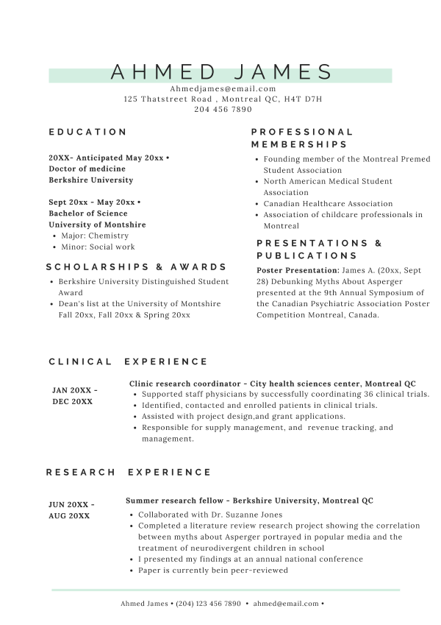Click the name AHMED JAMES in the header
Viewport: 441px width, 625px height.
click(x=221, y=72)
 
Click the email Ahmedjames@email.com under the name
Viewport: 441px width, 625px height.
click(x=223, y=88)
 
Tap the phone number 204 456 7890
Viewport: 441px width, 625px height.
click(x=223, y=109)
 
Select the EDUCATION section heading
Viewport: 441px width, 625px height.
click(x=88, y=132)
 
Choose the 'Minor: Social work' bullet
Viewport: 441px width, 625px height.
click(x=98, y=247)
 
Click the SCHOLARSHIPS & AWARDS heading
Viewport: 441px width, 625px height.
click(x=136, y=267)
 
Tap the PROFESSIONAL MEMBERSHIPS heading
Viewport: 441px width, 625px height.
click(x=301, y=138)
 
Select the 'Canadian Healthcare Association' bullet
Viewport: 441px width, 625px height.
click(x=328, y=203)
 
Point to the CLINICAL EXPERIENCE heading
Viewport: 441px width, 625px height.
click(x=128, y=361)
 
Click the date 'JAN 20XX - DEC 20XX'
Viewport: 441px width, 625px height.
click(x=74, y=396)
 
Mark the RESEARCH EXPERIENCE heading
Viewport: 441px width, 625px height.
click(x=128, y=472)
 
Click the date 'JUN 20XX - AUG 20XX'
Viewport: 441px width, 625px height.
click(x=71, y=510)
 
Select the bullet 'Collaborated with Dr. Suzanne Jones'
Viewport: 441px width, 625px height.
click(x=210, y=515)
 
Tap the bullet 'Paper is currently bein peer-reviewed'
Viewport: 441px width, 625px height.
click(x=213, y=570)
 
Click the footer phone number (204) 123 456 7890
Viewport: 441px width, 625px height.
click(x=208, y=604)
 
